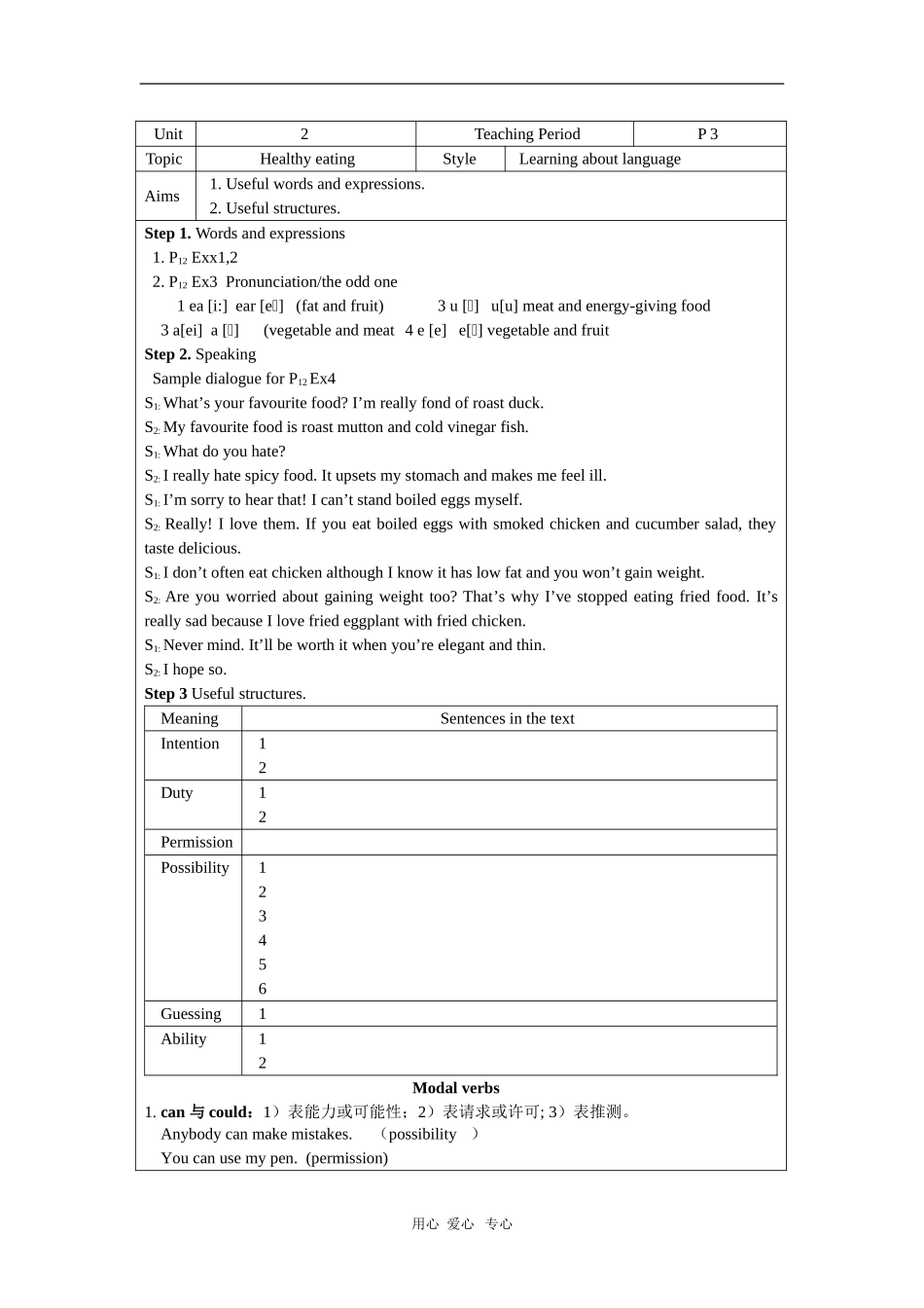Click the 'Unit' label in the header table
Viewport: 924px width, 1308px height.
click(167, 134)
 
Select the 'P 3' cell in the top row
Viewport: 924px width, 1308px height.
click(707, 134)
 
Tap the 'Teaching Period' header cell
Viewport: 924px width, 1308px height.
click(526, 134)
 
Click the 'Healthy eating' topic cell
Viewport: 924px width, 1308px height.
click(306, 160)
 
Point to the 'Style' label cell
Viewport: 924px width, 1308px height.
click(459, 160)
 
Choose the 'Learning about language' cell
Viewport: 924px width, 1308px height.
click(599, 160)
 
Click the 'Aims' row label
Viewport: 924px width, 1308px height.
click(161, 197)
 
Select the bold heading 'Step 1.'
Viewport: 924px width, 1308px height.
click(167, 234)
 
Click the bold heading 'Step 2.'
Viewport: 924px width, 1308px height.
click(167, 355)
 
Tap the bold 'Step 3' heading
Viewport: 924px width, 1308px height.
click(165, 694)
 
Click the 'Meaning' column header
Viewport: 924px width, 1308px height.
click(189, 719)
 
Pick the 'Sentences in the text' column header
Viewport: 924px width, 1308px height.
click(507, 719)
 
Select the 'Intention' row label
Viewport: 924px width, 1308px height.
click(190, 745)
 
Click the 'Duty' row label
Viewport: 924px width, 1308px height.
click(176, 793)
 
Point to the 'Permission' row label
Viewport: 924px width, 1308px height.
click(196, 843)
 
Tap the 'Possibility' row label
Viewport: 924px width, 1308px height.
click(195, 868)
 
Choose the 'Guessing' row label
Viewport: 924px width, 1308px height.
click(191, 1014)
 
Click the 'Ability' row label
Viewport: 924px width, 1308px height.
click(183, 1039)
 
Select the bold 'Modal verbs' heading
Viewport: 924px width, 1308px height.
click(455, 1088)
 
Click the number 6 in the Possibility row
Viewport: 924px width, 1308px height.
click(263, 989)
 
